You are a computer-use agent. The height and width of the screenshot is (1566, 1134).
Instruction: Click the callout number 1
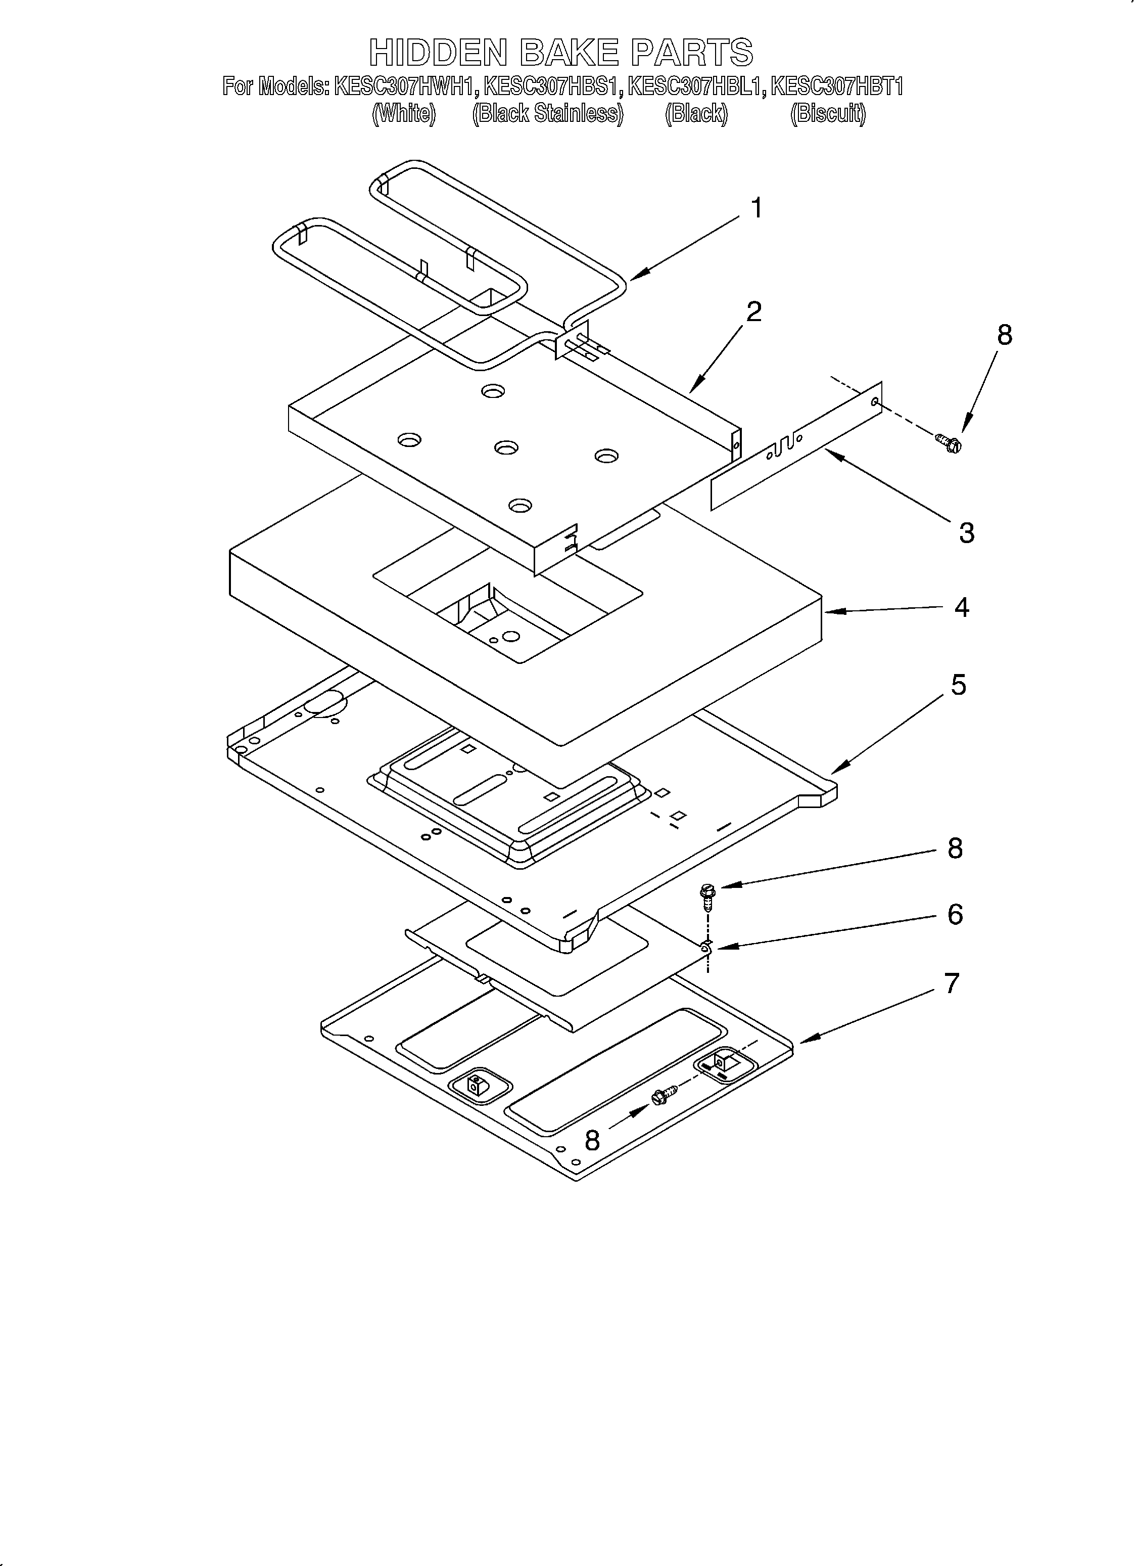click(x=757, y=208)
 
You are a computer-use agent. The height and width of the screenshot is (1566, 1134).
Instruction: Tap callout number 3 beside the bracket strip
click(x=966, y=532)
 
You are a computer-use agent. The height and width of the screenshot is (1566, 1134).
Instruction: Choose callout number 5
click(x=959, y=685)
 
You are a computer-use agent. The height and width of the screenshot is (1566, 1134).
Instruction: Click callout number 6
click(x=955, y=914)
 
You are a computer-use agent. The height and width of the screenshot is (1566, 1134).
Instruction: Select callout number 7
click(x=952, y=983)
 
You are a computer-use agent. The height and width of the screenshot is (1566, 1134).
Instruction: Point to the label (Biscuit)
click(x=828, y=113)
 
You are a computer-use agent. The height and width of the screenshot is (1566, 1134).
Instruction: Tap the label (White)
click(x=404, y=113)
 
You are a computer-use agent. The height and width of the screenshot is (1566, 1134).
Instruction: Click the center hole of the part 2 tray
click(x=506, y=448)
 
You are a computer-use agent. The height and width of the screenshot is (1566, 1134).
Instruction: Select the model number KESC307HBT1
click(x=836, y=87)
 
